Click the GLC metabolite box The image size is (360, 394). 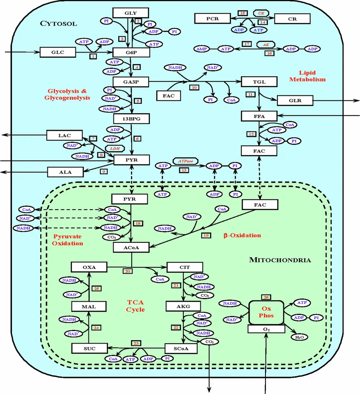[x=57, y=53]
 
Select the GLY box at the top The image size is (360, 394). [x=131, y=13]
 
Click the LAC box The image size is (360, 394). [x=64, y=136]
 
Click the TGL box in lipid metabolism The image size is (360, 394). [x=259, y=82]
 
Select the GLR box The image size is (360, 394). [x=295, y=100]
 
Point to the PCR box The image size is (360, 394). [x=212, y=19]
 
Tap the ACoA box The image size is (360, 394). [x=130, y=247]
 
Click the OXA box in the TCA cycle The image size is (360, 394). [x=89, y=267]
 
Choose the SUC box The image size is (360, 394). [x=89, y=348]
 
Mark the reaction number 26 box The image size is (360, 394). [x=266, y=297]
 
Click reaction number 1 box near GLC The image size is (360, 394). [x=93, y=56]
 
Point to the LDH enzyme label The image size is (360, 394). [x=115, y=149]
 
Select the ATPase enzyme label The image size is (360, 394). [x=183, y=161]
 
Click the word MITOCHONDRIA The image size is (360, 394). [x=280, y=260]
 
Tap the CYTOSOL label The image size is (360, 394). [x=58, y=23]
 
